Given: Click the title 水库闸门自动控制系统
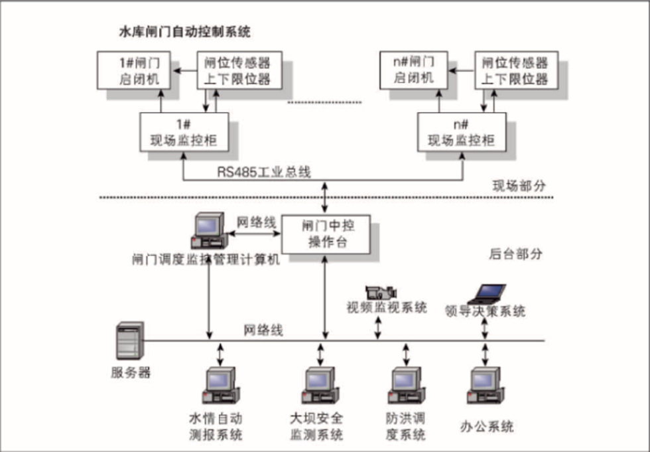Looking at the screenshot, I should [x=183, y=32].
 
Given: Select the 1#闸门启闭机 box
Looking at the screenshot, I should [x=137, y=70].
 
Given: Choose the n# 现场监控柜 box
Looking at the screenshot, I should [x=460, y=132].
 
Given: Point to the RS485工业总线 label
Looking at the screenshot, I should [x=263, y=172].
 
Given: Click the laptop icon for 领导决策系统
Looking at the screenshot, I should [x=485, y=293].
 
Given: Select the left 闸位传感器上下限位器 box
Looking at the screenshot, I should [x=237, y=70].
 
